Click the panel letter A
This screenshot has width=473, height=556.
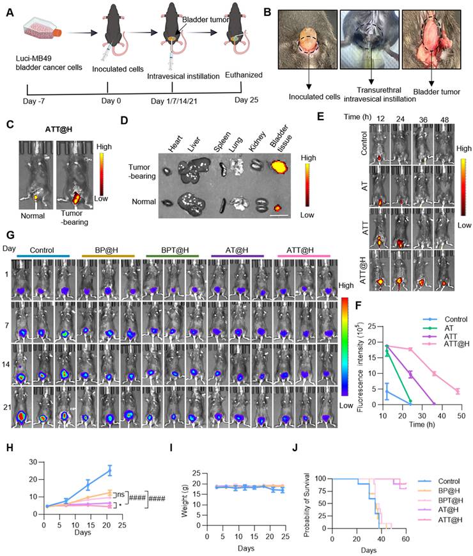[x=9, y=12]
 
